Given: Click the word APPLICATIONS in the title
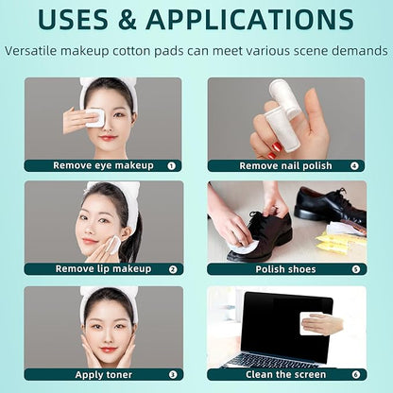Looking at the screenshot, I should [249, 21].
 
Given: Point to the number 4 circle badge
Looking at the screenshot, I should [354, 165].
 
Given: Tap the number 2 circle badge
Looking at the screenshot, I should [172, 269].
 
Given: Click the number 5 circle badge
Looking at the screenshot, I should [354, 269].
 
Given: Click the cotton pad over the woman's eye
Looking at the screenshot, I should [94, 117].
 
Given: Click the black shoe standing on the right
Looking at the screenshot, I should [327, 208].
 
